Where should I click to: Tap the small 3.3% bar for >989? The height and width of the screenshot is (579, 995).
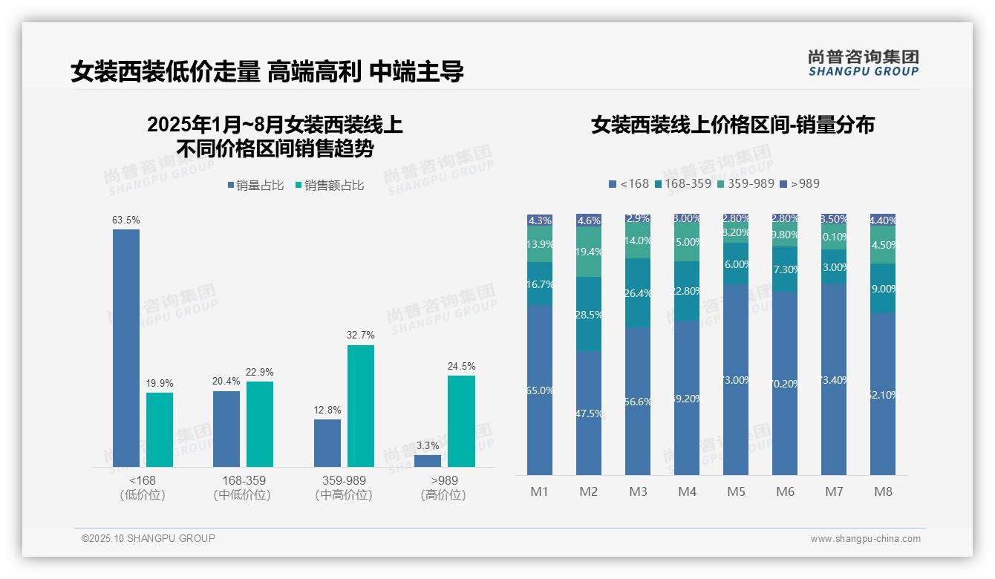pyautogui.click(x=428, y=461)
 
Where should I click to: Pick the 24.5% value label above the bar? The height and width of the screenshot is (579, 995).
pyautogui.click(x=462, y=367)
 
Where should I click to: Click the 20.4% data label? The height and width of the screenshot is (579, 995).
pyautogui.click(x=226, y=382)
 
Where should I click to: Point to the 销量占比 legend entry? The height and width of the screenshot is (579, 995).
pyautogui.click(x=255, y=186)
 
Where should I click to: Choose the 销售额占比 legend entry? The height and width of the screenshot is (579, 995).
pyautogui.click(x=330, y=186)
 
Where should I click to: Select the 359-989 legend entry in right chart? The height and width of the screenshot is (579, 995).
pyautogui.click(x=745, y=183)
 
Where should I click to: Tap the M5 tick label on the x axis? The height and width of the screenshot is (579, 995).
pyautogui.click(x=736, y=491)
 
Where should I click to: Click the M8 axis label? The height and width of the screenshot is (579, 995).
pyautogui.click(x=883, y=491)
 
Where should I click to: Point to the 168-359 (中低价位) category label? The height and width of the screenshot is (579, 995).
pyautogui.click(x=243, y=488)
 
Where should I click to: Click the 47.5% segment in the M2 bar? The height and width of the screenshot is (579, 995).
pyautogui.click(x=589, y=413)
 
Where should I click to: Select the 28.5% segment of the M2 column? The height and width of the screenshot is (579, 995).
pyautogui.click(x=589, y=314)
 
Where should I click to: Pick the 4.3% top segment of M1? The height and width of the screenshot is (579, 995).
pyautogui.click(x=540, y=220)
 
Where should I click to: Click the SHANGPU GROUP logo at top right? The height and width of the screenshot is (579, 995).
pyautogui.click(x=863, y=63)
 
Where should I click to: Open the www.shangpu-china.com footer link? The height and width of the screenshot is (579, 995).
pyautogui.click(x=865, y=539)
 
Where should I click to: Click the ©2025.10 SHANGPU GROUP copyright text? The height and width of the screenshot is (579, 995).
pyautogui.click(x=149, y=538)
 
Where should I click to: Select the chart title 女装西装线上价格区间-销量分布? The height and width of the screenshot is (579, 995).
pyautogui.click(x=732, y=125)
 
